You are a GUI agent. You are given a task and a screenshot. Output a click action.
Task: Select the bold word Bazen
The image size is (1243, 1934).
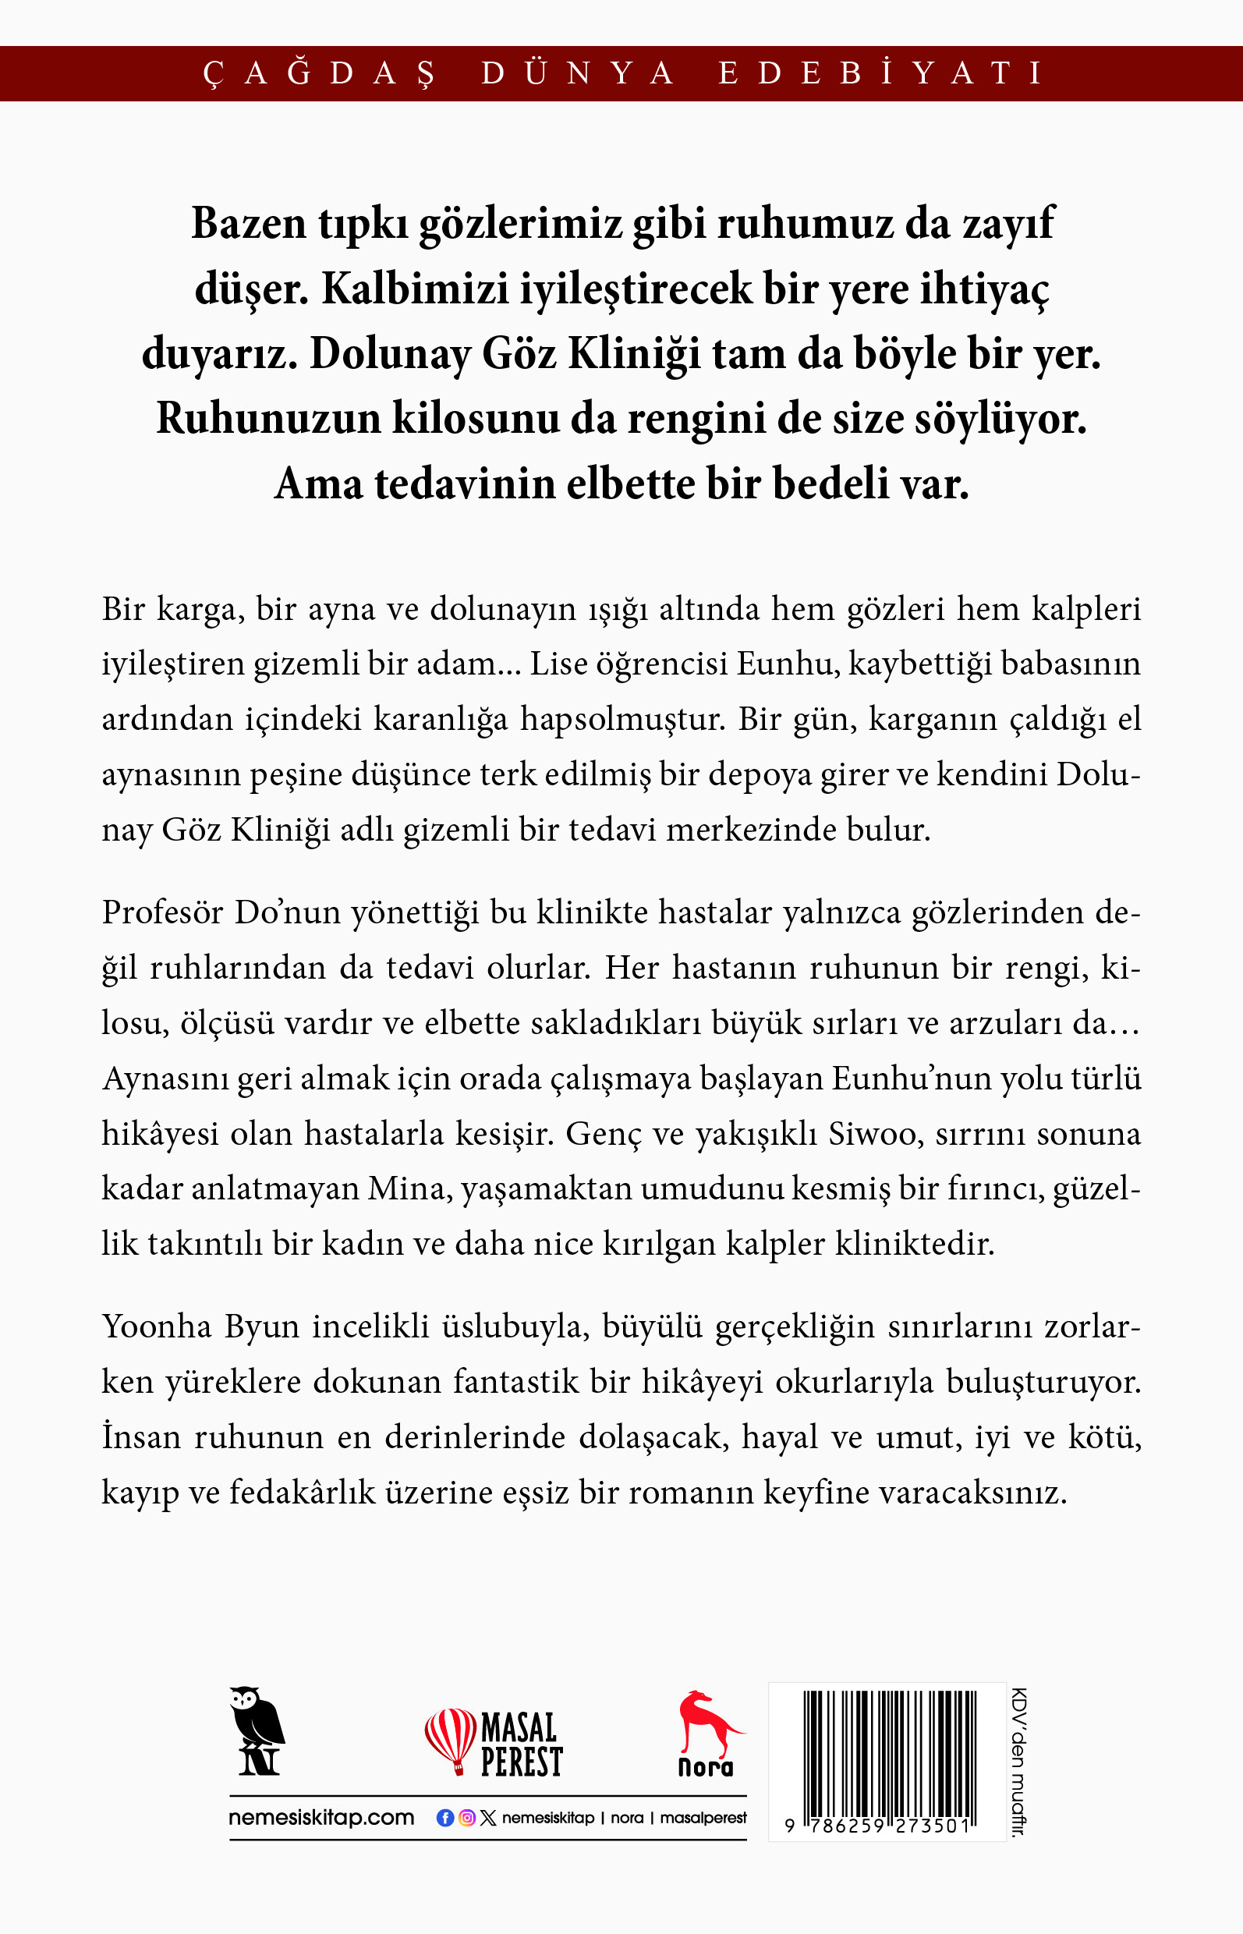point(249,224)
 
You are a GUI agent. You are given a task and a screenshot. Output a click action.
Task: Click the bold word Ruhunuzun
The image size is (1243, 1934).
point(268,420)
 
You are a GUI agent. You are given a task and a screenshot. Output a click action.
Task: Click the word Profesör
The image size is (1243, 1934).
point(162,913)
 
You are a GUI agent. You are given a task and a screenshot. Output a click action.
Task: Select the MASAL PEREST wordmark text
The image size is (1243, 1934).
point(521,1744)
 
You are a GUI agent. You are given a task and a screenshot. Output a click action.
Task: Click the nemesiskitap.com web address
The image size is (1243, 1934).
point(321,1818)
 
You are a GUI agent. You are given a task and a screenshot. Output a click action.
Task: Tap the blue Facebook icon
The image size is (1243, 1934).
point(444,1818)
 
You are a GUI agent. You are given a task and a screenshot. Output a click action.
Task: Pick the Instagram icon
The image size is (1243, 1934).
point(466,1818)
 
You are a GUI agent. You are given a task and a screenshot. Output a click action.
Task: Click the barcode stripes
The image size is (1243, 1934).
point(889,1752)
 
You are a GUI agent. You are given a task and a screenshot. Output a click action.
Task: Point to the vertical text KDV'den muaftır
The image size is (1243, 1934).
point(1018,1761)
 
